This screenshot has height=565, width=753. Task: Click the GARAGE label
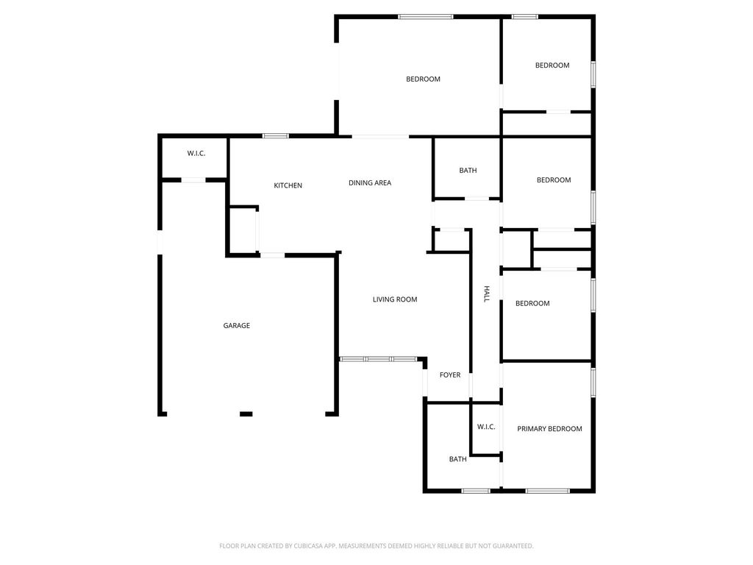[x=236, y=326]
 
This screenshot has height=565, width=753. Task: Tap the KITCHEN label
[x=288, y=185]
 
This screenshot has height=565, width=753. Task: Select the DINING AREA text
[x=370, y=182]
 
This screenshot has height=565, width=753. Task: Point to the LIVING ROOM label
[x=395, y=299]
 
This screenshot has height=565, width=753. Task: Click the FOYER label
[x=450, y=374]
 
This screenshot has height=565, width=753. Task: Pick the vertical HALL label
[x=487, y=294]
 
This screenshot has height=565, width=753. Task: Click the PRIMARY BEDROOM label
[x=549, y=429]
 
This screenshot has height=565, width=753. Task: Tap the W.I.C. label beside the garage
[x=196, y=153]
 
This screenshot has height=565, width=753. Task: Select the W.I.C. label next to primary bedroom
[x=486, y=427]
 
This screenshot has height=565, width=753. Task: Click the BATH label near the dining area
[x=468, y=170]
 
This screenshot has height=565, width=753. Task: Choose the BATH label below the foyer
[x=457, y=459]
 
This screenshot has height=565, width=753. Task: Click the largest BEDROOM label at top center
[x=423, y=79]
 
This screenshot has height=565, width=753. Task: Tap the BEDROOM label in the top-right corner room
[x=552, y=65]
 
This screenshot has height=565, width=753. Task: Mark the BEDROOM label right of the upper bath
[x=554, y=180]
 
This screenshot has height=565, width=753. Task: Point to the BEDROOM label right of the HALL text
[x=532, y=303]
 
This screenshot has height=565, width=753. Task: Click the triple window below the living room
[x=379, y=359]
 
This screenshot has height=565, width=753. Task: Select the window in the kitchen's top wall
[x=276, y=136]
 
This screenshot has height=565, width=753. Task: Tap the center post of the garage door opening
[x=246, y=413]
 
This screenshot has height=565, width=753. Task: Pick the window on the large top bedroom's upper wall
[x=426, y=17]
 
